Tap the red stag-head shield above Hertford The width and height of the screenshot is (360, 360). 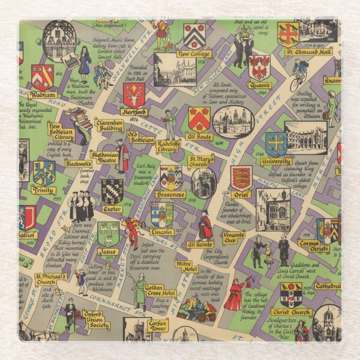134,95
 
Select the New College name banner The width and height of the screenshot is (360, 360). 193,54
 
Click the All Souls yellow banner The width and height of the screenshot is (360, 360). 198,136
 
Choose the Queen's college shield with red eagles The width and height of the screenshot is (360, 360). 259,68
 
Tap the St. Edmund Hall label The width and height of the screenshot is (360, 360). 309,52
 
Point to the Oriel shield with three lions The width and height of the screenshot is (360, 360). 241,178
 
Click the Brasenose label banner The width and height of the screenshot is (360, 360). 170,195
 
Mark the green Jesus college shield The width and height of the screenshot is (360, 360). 108,234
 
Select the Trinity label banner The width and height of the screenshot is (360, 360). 43,190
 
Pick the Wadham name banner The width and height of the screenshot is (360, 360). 43,95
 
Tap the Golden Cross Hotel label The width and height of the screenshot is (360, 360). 161,291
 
